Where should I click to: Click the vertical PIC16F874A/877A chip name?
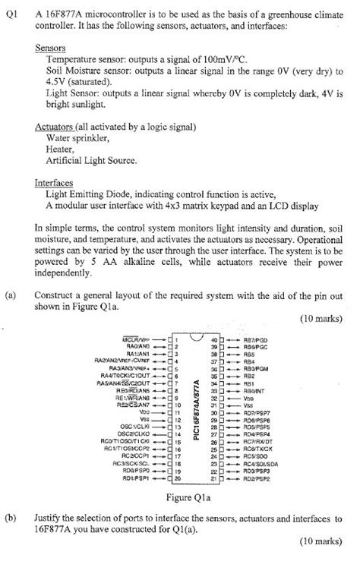tap(196, 409)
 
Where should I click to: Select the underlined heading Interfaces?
tap(55, 183)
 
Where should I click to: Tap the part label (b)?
tap(11, 517)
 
